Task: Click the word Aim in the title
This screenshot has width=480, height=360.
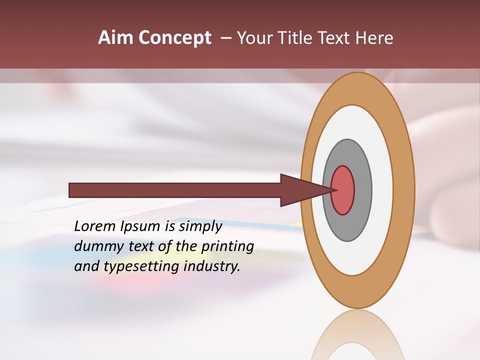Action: coord(115,38)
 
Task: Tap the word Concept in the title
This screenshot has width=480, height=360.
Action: coord(174,38)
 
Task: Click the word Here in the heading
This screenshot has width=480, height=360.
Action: coord(375,38)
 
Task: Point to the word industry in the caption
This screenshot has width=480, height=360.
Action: coord(212,266)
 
